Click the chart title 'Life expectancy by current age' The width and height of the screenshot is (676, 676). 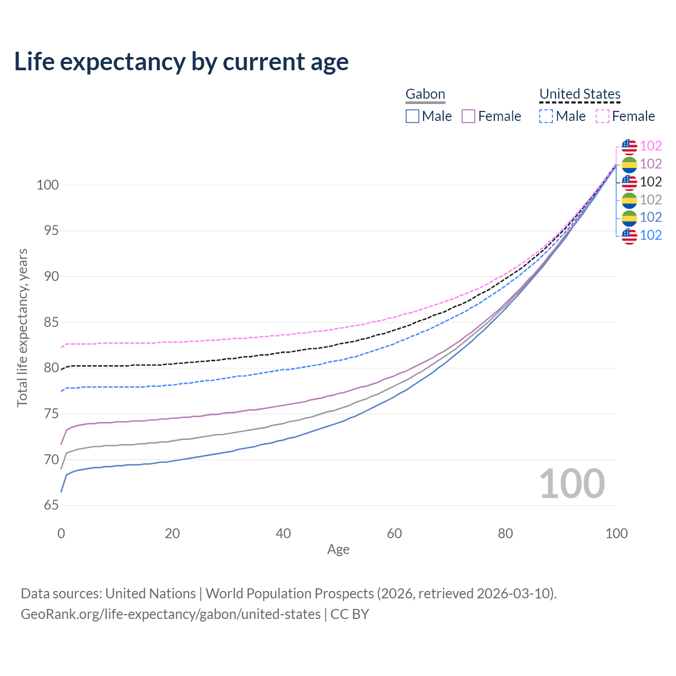[181, 62]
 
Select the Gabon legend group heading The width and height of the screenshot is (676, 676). [425, 94]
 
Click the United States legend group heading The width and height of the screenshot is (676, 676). [579, 94]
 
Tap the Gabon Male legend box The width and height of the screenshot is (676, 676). [412, 116]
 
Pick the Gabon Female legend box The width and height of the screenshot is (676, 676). [469, 116]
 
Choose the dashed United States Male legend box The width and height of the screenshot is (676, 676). [546, 116]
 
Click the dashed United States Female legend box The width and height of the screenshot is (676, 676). [603, 116]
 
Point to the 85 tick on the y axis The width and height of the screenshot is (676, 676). [51, 322]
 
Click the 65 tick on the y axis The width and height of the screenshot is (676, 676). [51, 505]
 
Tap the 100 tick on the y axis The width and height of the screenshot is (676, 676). [48, 185]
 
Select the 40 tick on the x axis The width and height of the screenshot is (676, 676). [284, 533]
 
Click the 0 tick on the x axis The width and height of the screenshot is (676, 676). [61, 533]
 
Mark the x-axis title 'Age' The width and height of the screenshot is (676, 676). [338, 550]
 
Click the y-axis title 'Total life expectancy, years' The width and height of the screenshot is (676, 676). [22, 327]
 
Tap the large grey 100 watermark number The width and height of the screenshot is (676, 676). [572, 484]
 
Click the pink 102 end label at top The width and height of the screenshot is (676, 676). [651, 146]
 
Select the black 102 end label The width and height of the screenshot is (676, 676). [651, 182]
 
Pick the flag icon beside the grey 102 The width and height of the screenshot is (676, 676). [629, 200]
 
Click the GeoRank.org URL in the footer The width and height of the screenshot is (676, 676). [171, 614]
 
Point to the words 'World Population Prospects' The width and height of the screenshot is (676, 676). [289, 594]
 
